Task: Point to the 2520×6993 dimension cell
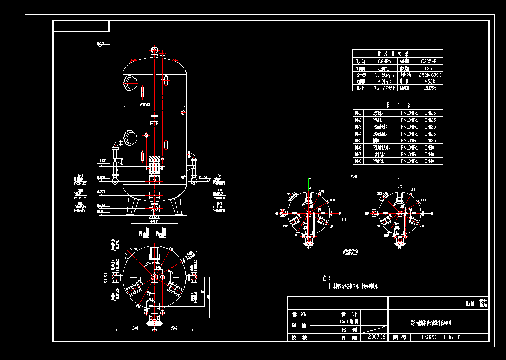(x=430, y=75)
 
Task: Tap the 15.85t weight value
(x=430, y=88)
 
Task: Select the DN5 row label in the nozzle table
(x=358, y=140)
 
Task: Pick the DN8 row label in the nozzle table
(x=358, y=161)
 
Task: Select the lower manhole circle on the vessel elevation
(x=130, y=138)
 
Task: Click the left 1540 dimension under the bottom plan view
(x=134, y=329)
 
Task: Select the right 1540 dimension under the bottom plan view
(x=174, y=329)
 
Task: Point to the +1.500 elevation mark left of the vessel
(x=102, y=161)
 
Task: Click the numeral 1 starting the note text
(x=330, y=285)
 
